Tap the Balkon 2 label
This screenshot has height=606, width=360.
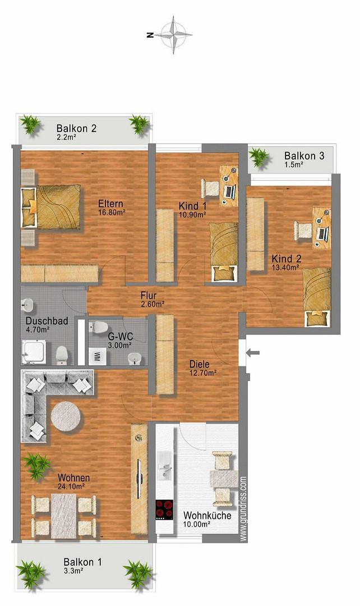tap(76, 128)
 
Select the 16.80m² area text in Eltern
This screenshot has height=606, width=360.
tap(112, 212)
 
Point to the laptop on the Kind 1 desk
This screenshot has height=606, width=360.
tap(230, 191)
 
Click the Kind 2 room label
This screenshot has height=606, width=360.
tap(286, 259)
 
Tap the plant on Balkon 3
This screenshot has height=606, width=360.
tap(259, 158)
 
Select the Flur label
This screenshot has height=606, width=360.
tap(149, 296)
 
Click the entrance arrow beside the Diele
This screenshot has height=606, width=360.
tap(253, 352)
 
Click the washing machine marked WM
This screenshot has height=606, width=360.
tap(97, 356)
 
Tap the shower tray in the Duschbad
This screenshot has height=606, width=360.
tap(34, 352)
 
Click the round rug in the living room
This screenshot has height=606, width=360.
tap(66, 416)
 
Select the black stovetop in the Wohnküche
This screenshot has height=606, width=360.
tap(164, 510)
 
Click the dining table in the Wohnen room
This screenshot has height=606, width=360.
tap(64, 516)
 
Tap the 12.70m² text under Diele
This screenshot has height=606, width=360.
tap(203, 373)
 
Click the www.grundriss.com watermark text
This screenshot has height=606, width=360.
tap(243, 508)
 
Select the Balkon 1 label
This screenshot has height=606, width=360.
tap(82, 562)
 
